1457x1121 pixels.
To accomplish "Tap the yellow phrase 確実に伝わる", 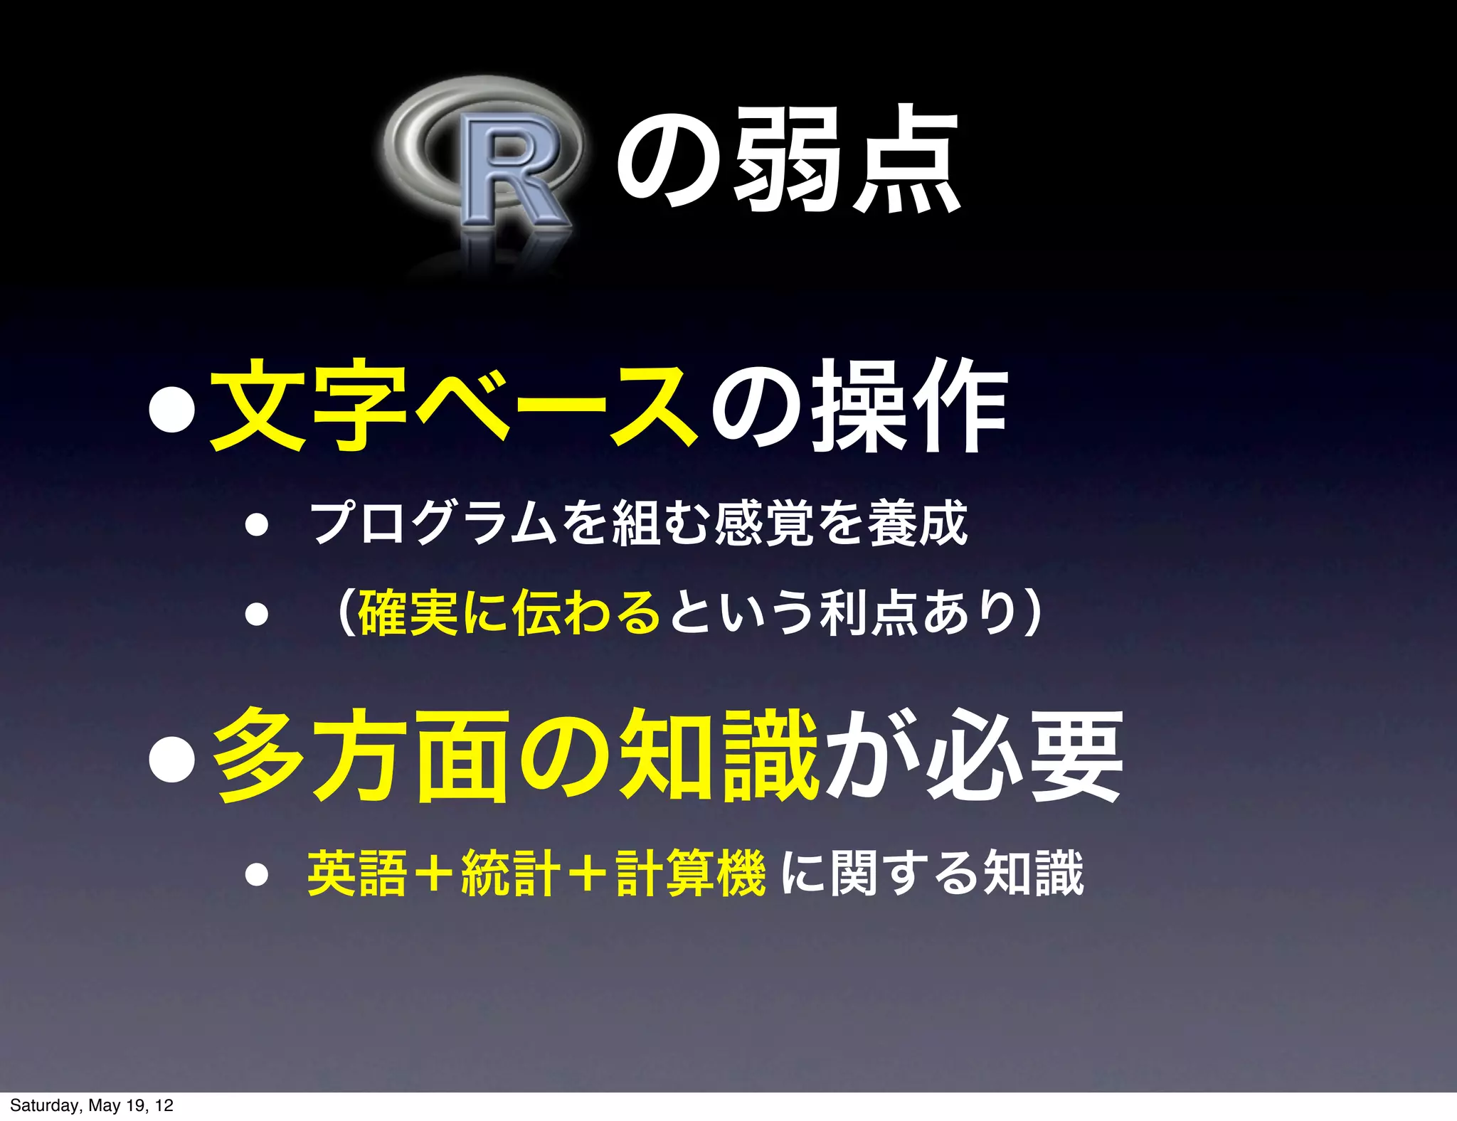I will (509, 612).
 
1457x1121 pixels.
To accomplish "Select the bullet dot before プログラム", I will (256, 526).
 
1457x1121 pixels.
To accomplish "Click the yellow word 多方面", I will (363, 755).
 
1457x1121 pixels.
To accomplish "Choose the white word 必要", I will (1024, 755).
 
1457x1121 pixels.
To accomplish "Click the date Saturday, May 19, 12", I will (92, 1105).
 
